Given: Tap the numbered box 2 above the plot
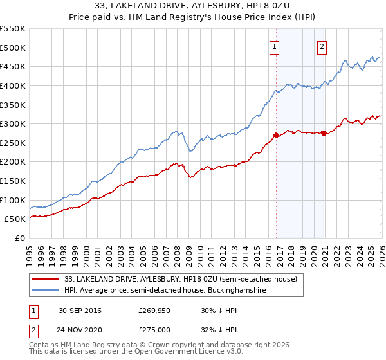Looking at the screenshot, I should click(322, 46).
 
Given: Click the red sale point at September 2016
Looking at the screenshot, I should click(276, 135).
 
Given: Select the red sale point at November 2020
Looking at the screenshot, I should click(324, 133).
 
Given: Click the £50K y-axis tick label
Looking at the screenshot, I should click(15, 219).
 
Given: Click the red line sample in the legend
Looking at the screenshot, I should click(45, 280).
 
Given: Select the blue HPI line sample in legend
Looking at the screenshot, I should click(45, 291).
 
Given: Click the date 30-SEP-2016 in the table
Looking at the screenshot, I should click(80, 310).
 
